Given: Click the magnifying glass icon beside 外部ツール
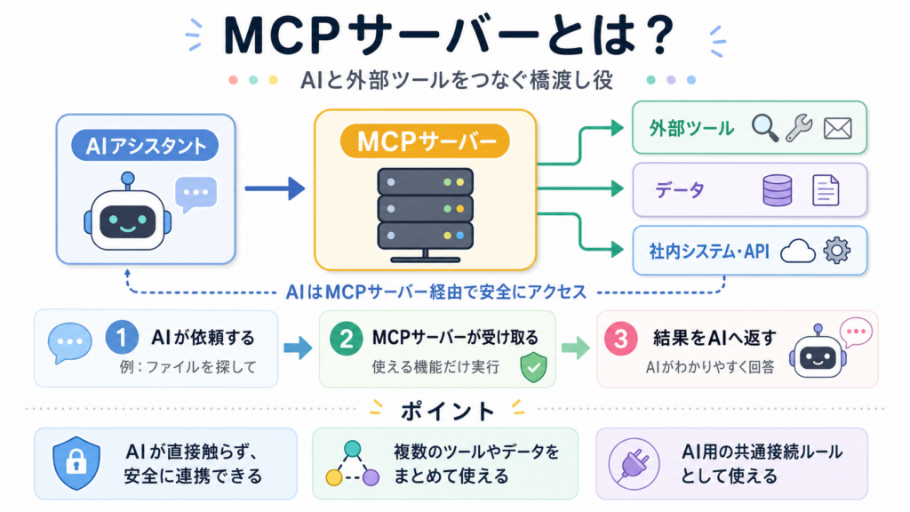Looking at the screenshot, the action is [765, 128].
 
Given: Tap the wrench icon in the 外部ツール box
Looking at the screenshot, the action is [799, 128].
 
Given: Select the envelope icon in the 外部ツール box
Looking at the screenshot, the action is [837, 128].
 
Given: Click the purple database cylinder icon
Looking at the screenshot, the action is [777, 190].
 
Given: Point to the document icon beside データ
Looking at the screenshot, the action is [826, 190].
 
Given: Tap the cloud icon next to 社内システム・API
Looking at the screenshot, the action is [798, 252].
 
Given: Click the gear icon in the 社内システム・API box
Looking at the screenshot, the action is [837, 251].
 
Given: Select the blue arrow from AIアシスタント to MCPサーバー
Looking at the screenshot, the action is [275, 188].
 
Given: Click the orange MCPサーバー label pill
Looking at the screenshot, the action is [425, 141].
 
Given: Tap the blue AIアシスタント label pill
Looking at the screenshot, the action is [145, 145].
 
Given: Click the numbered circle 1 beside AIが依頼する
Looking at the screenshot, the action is [122, 337].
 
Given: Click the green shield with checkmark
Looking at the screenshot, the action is [533, 367].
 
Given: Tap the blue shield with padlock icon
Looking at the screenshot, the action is [76, 462].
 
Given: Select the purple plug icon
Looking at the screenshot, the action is [634, 464].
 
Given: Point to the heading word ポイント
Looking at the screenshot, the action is [447, 412].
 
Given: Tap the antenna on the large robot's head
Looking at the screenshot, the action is [128, 181].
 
